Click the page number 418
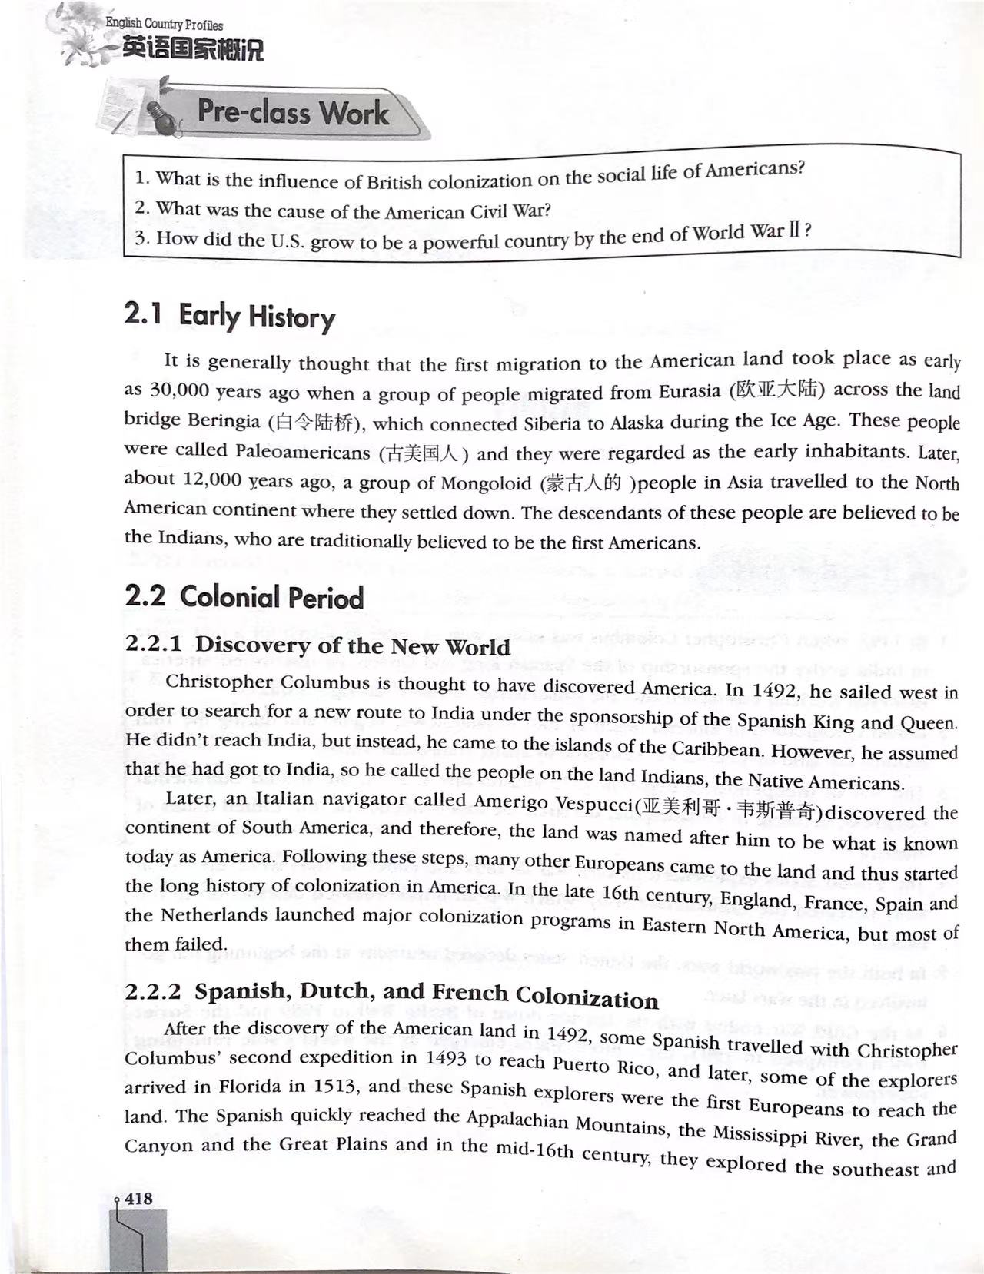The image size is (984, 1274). (x=139, y=1198)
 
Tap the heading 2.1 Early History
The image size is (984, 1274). (x=229, y=315)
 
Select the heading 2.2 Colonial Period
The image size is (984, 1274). (x=244, y=597)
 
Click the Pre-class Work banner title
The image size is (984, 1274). (x=293, y=113)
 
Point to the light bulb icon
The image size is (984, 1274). (x=166, y=116)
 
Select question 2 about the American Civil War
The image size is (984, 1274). (x=343, y=211)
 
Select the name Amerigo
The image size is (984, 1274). (x=519, y=801)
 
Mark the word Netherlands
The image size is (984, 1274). (x=204, y=915)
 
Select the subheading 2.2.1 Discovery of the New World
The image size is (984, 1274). (x=317, y=645)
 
